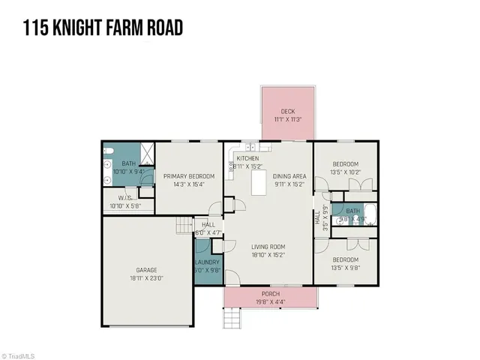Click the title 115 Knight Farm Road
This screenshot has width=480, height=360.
[x=103, y=28]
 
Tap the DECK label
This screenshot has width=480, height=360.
[x=287, y=111]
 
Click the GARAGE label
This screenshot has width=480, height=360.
[x=146, y=270]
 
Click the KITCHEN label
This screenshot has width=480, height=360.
[x=247, y=159]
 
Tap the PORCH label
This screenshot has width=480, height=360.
[x=270, y=293]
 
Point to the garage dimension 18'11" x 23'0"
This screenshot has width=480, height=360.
[x=146, y=277]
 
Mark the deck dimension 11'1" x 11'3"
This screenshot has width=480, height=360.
[x=287, y=118]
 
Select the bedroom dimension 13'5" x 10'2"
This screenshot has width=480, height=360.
[x=346, y=172]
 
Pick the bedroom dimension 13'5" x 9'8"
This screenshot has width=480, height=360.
[x=346, y=267]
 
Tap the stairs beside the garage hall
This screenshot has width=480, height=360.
[x=184, y=225]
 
